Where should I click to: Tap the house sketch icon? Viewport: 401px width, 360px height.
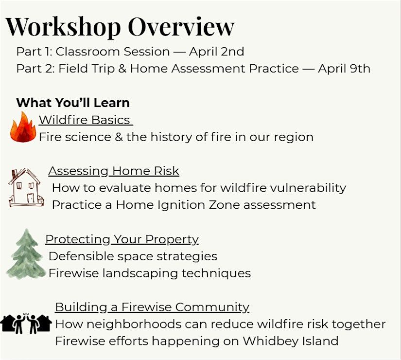click(x=26, y=187)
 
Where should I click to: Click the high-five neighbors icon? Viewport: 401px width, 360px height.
click(x=26, y=324)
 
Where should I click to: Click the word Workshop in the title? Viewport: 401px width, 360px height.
click(x=63, y=27)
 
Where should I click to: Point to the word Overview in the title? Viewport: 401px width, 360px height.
click(x=181, y=26)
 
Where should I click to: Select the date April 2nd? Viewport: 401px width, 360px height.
click(x=217, y=52)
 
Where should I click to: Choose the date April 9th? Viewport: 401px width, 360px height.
click(x=344, y=69)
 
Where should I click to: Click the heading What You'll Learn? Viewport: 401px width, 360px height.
click(x=73, y=103)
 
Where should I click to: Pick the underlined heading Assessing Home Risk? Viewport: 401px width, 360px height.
click(x=114, y=171)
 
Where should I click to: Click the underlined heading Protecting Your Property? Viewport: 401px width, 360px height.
click(x=122, y=239)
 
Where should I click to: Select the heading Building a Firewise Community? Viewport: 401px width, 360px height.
click(x=152, y=307)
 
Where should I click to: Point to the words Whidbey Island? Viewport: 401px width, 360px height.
click(x=291, y=341)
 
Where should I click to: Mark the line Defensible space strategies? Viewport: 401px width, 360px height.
click(x=133, y=256)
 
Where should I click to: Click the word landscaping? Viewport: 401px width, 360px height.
click(x=140, y=273)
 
